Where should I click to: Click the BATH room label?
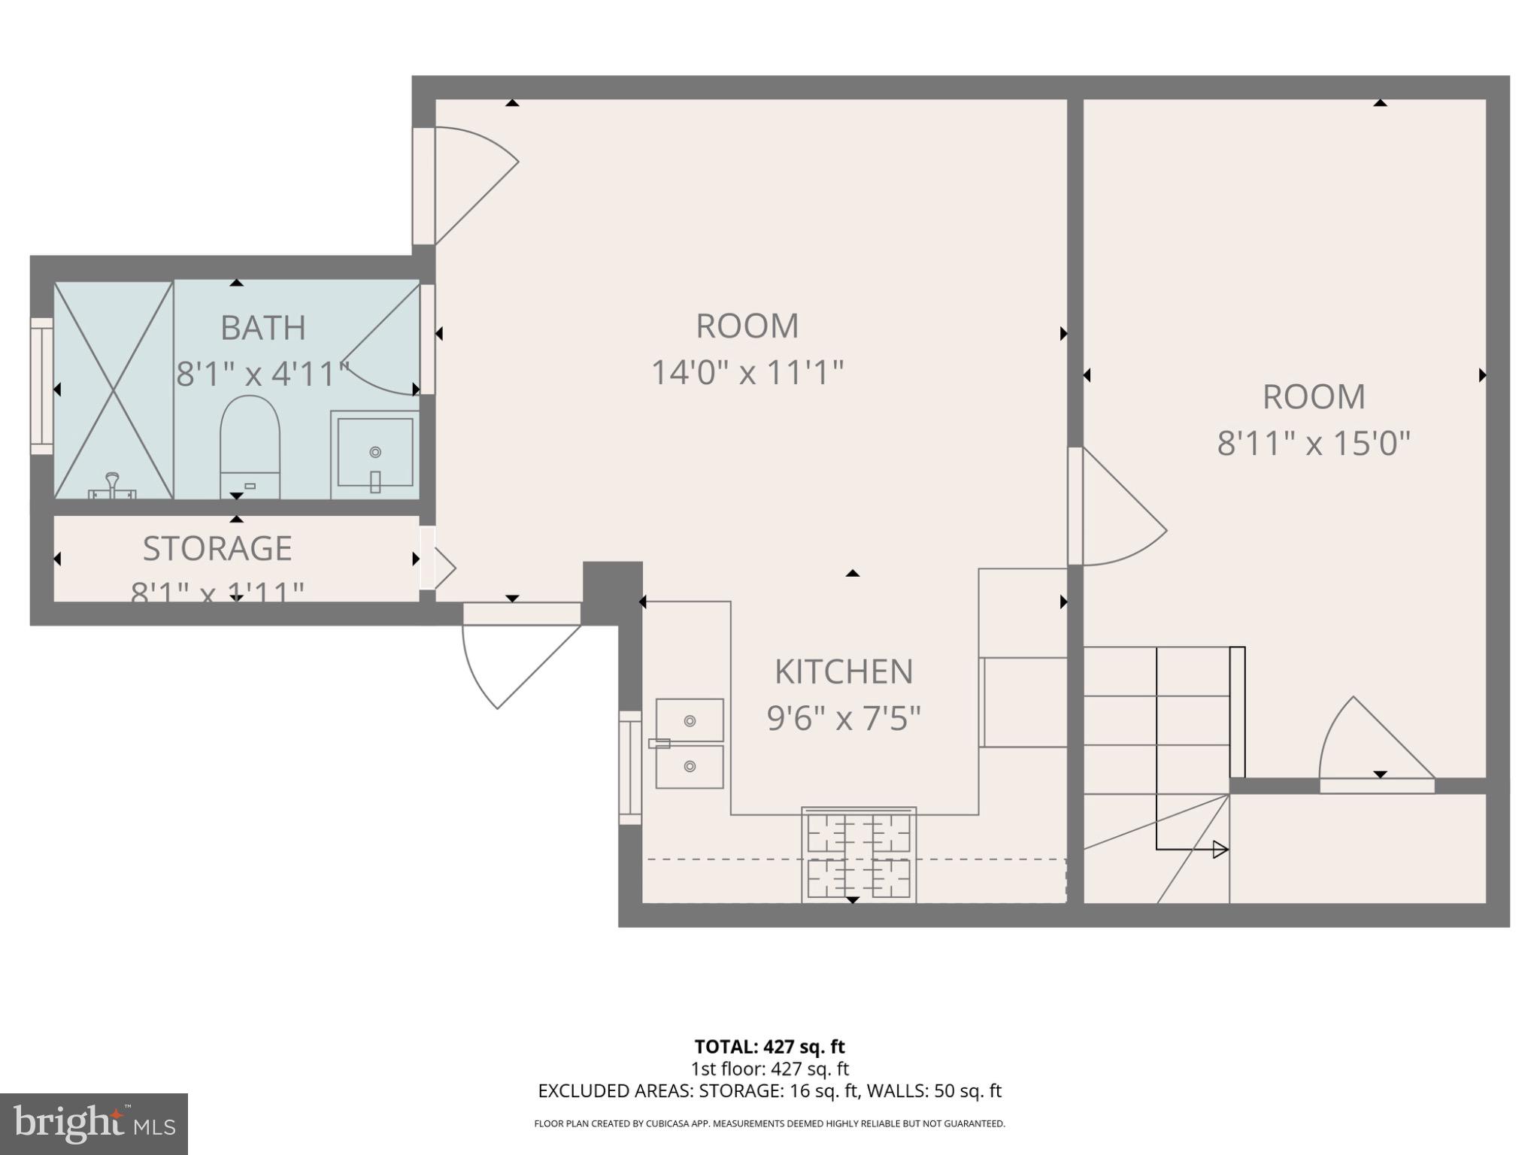pyautogui.click(x=262, y=328)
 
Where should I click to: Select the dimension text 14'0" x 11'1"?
pyautogui.click(x=747, y=372)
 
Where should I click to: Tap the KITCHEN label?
pyautogui.click(x=844, y=671)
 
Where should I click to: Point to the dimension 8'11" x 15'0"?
pyautogui.click(x=1313, y=443)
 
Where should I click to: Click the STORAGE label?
pyautogui.click(x=217, y=548)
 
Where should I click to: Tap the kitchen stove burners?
pyautogui.click(x=859, y=856)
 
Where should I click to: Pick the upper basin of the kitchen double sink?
pyautogui.click(x=690, y=720)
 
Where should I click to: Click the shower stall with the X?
pyautogui.click(x=114, y=390)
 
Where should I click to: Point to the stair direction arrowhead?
pyautogui.click(x=1220, y=850)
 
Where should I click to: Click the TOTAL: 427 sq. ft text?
pyautogui.click(x=769, y=1047)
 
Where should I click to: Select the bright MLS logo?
pyautogui.click(x=94, y=1123)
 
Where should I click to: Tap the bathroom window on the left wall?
pyautogui.click(x=41, y=387)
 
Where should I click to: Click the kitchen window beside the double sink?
pyautogui.click(x=629, y=767)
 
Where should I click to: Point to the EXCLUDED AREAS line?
pyautogui.click(x=769, y=1090)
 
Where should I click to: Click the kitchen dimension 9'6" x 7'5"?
pyautogui.click(x=844, y=718)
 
